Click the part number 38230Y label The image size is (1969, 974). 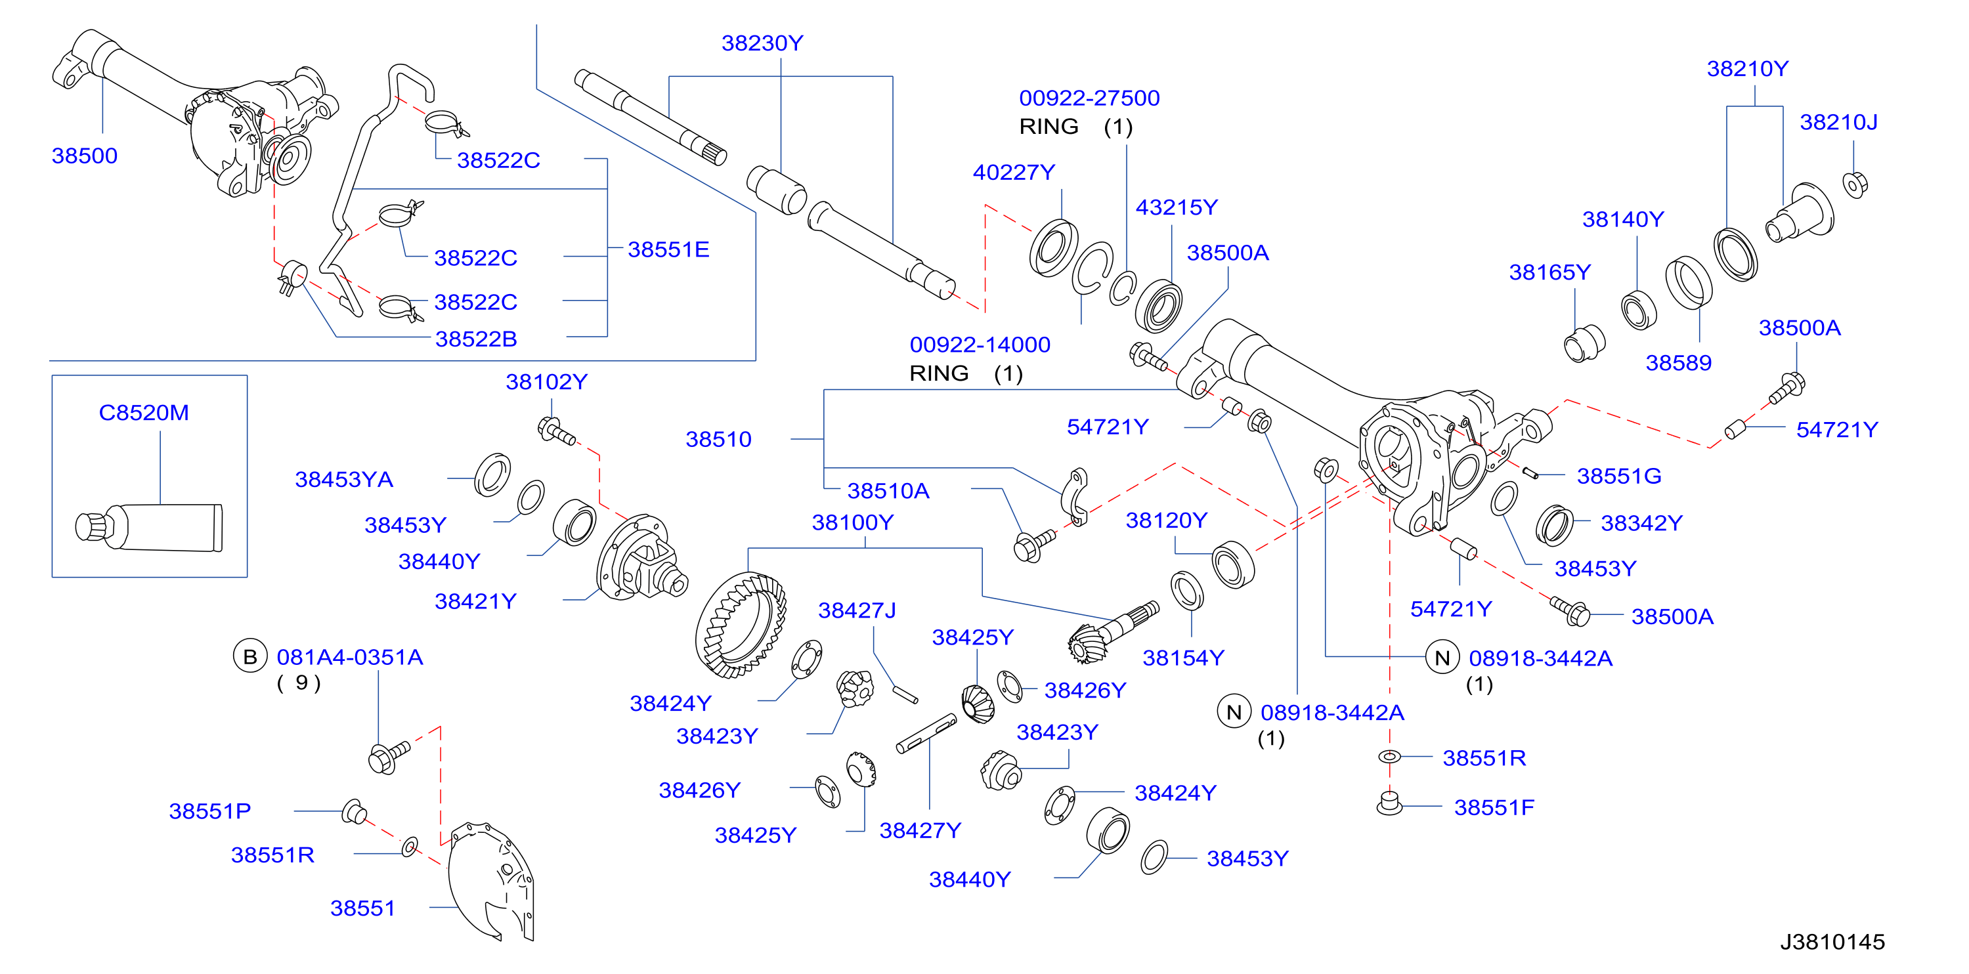[x=762, y=43]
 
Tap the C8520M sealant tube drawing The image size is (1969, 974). [x=149, y=526]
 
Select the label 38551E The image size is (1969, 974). [x=668, y=250]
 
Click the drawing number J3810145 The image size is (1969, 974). [x=1832, y=942]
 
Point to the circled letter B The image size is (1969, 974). [x=250, y=657]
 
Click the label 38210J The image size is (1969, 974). [x=1838, y=122]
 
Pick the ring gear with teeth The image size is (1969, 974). [x=740, y=624]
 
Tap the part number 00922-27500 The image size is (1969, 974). [x=1089, y=98]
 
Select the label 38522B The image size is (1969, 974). [x=475, y=339]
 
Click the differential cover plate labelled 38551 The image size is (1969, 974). [x=489, y=882]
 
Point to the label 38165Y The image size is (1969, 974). [x=1549, y=273]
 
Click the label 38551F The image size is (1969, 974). [x=1494, y=807]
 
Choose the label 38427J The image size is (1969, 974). [x=857, y=610]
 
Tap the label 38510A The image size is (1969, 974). [x=888, y=491]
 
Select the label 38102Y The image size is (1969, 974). [x=546, y=382]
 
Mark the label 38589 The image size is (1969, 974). [x=1679, y=363]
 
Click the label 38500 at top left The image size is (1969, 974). [x=84, y=156]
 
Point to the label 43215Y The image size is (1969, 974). [x=1177, y=208]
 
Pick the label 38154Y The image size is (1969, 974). [x=1183, y=658]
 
